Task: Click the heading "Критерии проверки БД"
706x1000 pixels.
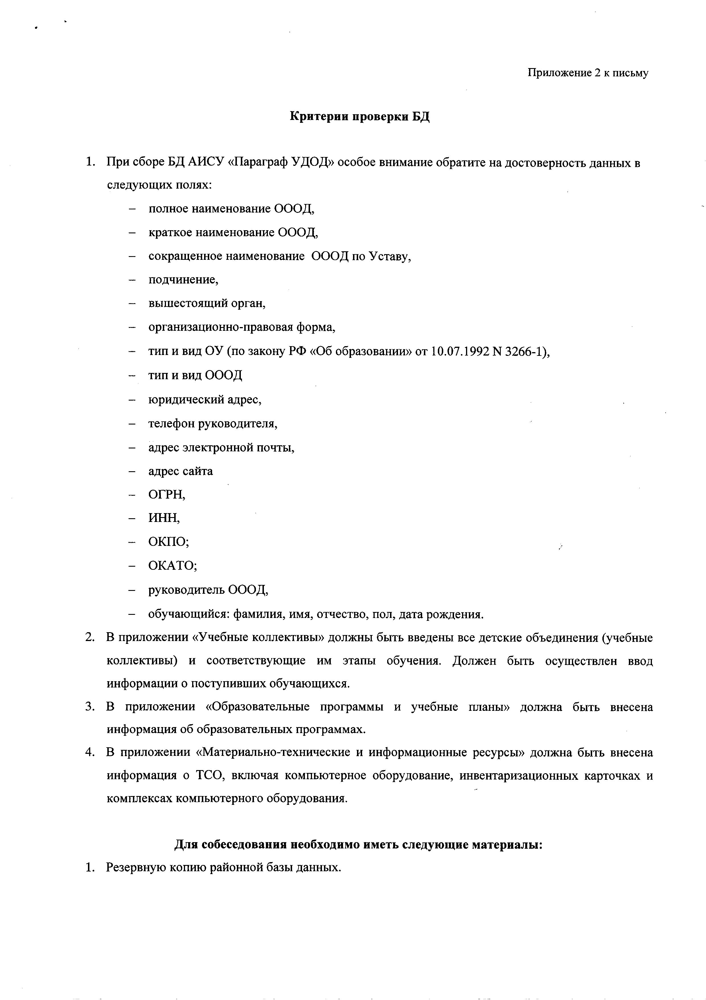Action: [x=360, y=117]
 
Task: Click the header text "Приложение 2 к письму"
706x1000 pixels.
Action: [x=588, y=73]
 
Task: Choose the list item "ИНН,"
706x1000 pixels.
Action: [x=164, y=518]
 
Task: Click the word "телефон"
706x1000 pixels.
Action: [x=171, y=423]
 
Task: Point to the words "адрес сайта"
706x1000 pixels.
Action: [x=181, y=471]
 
